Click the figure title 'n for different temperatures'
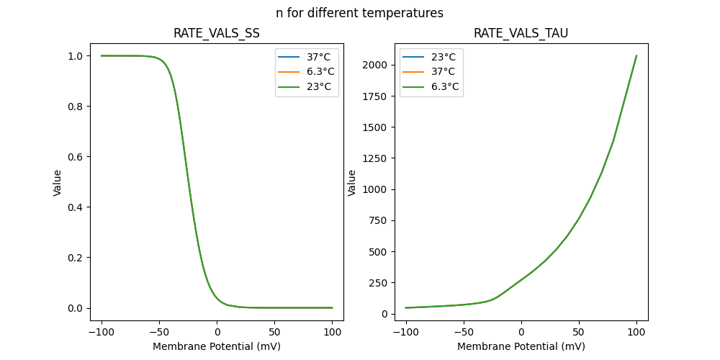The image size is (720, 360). tap(359, 13)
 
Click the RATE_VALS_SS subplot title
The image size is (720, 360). tap(217, 33)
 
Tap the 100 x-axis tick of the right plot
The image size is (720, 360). tap(636, 332)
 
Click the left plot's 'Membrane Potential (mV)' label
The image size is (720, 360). tap(217, 346)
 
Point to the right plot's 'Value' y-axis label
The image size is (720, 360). tap(352, 183)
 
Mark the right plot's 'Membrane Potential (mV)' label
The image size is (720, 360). tap(521, 346)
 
